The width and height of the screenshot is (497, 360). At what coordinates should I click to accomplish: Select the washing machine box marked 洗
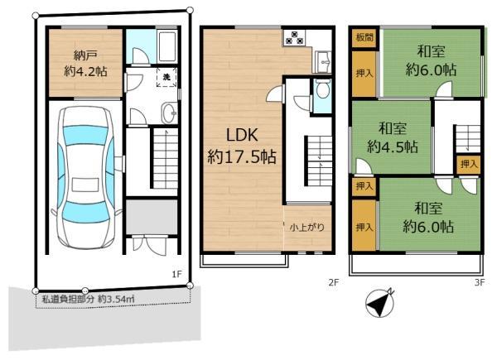pos(166,79)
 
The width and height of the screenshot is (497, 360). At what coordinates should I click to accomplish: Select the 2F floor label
pos(333,283)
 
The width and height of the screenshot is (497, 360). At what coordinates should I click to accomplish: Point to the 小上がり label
pos(303,227)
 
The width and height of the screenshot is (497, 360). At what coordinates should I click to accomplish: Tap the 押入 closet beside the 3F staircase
pos(468,164)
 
